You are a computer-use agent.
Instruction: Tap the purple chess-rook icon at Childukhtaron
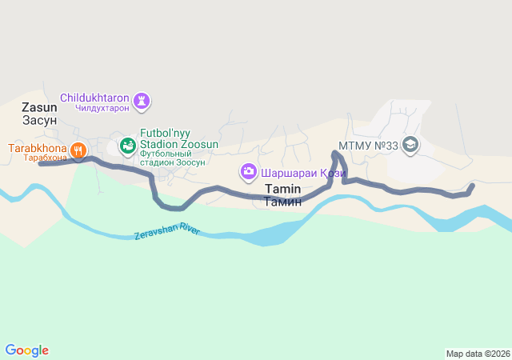pos(144,101)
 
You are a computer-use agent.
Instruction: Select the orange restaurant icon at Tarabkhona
pos(78,149)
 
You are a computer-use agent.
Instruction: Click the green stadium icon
pos(126,146)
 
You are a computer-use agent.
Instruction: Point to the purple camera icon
pos(248,171)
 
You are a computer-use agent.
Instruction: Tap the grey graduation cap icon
pos(410,145)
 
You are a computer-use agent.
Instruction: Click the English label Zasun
pos(39,107)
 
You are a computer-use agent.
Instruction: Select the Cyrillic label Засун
pos(39,120)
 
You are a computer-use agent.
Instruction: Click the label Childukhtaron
pos(94,98)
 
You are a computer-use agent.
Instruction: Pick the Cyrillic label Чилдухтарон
pos(102,108)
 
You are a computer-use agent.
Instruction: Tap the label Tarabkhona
pos(37,148)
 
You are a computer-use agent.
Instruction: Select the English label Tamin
pos(282,189)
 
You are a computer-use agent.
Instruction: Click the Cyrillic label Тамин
pos(282,202)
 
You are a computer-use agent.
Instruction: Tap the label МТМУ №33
pos(368,146)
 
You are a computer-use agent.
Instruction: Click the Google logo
pos(26,350)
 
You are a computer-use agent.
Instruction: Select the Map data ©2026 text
pos(477,354)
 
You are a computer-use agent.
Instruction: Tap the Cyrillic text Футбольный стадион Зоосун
pos(173,158)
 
